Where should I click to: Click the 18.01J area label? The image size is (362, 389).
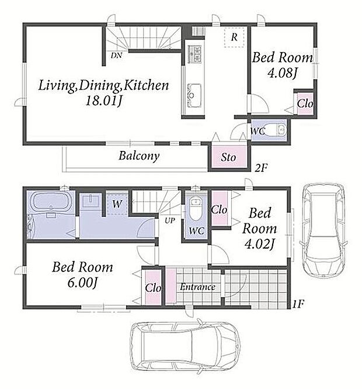[104, 101]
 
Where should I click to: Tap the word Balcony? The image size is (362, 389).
[139, 156]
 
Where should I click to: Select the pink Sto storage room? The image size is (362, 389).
[229, 156]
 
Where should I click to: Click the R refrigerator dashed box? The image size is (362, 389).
[234, 37]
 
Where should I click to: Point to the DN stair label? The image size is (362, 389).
[116, 55]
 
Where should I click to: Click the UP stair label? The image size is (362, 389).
[170, 221]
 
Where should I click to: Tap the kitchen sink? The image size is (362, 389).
[194, 95]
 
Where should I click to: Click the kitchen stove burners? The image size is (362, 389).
[194, 54]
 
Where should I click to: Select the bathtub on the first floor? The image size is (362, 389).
[51, 202]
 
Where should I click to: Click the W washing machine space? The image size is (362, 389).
[117, 204]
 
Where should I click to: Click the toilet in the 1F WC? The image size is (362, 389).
[196, 208]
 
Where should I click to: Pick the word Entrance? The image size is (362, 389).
[197, 287]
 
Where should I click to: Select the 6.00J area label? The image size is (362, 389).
[82, 283]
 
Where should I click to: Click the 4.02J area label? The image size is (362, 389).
[259, 244]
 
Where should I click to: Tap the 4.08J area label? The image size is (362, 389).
[282, 73]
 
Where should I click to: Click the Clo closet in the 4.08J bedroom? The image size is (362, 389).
[305, 104]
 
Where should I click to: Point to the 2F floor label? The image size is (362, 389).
[262, 168]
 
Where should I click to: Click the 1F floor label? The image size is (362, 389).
[298, 304]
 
